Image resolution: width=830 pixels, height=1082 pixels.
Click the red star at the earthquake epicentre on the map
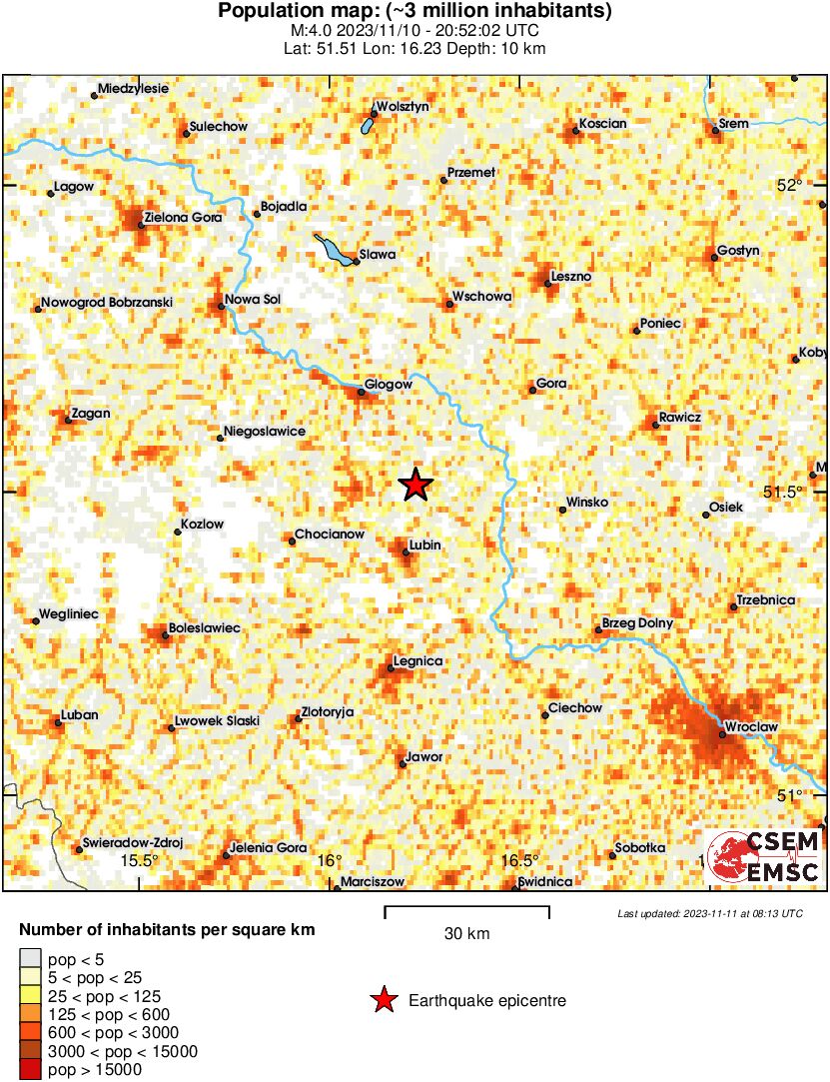coord(415,486)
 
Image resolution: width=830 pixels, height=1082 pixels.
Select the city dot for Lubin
coord(405,551)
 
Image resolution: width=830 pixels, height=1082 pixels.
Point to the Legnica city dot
coord(391,668)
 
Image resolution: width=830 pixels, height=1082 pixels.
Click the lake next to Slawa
coord(333,249)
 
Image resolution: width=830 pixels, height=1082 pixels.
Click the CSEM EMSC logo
coord(764,857)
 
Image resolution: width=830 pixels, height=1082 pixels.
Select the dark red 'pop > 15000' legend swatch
coord(31,1069)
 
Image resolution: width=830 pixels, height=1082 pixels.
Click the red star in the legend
coord(383,1000)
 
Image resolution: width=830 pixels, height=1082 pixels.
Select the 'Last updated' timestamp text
coord(709,913)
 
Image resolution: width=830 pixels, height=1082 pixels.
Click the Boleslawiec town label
coord(206,627)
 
